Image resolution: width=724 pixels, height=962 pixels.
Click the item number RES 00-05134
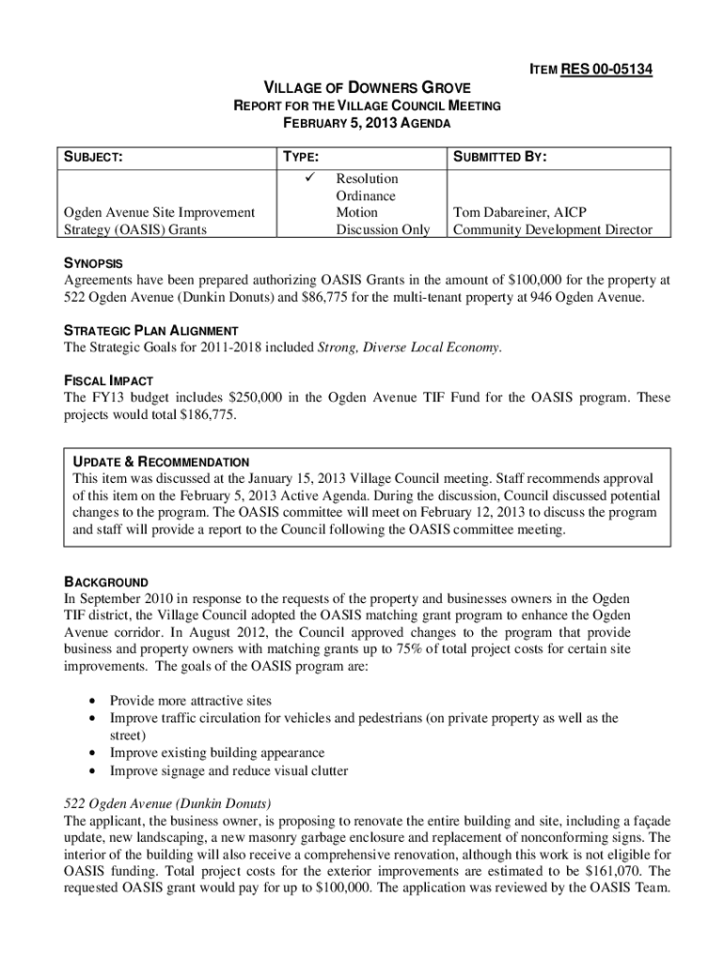click(x=606, y=70)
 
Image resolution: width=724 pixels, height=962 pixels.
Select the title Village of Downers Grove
click(x=366, y=88)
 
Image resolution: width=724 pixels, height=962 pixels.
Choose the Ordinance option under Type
click(x=366, y=195)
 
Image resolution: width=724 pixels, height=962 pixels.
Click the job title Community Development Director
click(x=552, y=229)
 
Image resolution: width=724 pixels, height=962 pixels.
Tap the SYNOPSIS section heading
click(x=93, y=263)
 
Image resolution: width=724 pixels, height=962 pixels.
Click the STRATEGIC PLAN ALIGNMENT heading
click(x=150, y=331)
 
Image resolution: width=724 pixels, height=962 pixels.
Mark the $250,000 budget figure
click(x=255, y=397)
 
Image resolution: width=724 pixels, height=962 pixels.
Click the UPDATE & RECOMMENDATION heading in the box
click(x=161, y=462)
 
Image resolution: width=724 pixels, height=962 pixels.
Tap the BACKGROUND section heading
click(x=105, y=582)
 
